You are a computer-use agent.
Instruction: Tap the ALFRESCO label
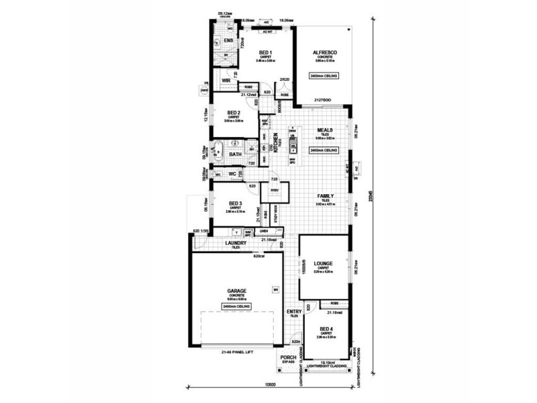tap(324, 52)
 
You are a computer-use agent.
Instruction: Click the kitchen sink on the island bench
tap(293, 142)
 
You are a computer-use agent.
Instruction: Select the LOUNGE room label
tap(324, 263)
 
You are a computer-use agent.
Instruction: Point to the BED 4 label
tap(326, 328)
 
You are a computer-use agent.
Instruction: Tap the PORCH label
tap(289, 357)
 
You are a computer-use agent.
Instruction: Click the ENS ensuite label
tap(228, 41)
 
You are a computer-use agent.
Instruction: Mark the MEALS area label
tap(324, 131)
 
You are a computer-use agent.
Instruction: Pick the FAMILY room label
tap(324, 195)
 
